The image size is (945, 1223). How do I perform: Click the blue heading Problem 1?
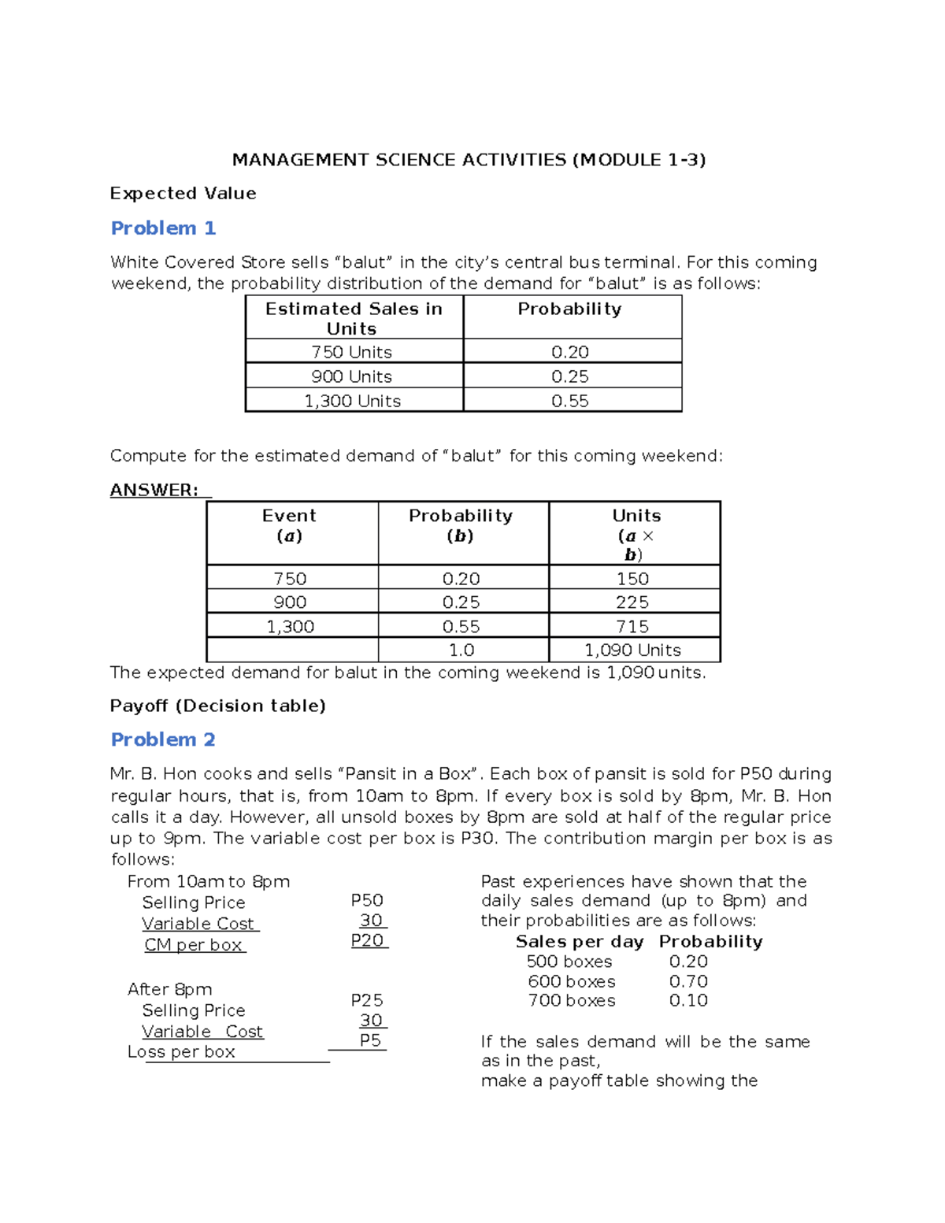pyautogui.click(x=163, y=228)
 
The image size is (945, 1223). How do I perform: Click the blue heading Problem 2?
pyautogui.click(x=163, y=739)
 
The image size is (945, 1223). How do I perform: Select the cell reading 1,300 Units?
pyautogui.click(x=353, y=401)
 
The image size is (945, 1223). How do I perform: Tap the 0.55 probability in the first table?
pyautogui.click(x=570, y=401)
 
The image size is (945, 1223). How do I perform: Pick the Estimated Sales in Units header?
pyautogui.click(x=354, y=318)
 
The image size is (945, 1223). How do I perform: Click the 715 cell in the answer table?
pyautogui.click(x=633, y=626)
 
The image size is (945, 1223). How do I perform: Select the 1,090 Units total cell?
pyautogui.click(x=632, y=650)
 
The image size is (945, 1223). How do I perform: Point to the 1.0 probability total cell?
pyautogui.click(x=461, y=650)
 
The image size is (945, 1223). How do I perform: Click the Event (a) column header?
pyautogui.click(x=290, y=525)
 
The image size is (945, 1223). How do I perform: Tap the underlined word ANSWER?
pyautogui.click(x=154, y=490)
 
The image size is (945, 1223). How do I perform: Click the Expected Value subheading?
pyautogui.click(x=183, y=194)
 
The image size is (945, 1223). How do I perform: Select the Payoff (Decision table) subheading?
pyautogui.click(x=218, y=706)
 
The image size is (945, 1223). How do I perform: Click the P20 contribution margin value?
pyautogui.click(x=368, y=940)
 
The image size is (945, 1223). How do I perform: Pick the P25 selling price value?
pyautogui.click(x=367, y=1000)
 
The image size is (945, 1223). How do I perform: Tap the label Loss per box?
pyautogui.click(x=182, y=1052)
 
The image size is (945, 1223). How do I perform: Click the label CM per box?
pyautogui.click(x=194, y=945)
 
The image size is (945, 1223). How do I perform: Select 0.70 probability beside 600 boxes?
pyautogui.click(x=688, y=981)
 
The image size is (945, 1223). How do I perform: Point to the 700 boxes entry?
pyautogui.click(x=572, y=1001)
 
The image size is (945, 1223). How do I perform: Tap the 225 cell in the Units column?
pyautogui.click(x=633, y=602)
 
